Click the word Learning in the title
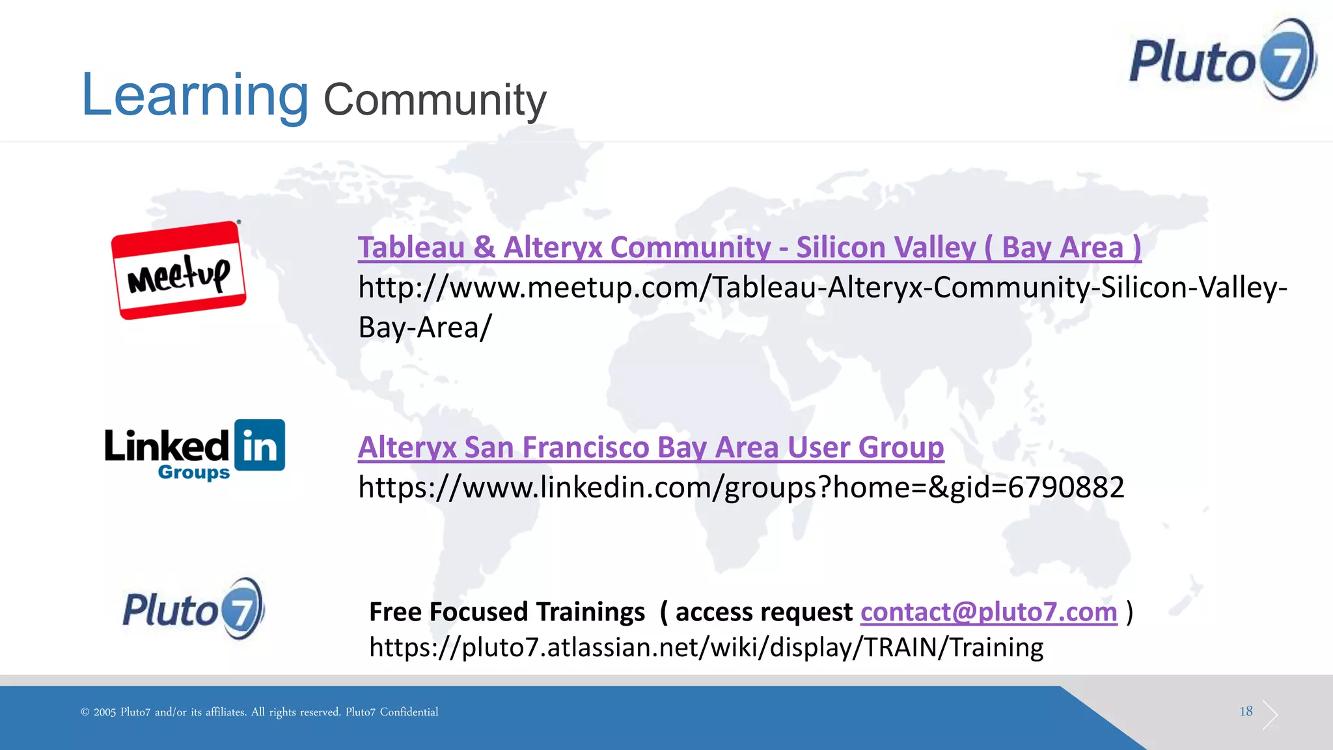tap(194, 96)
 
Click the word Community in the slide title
tap(435, 100)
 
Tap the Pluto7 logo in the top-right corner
tap(1222, 61)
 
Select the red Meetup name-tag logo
tap(178, 270)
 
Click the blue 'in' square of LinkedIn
tap(260, 445)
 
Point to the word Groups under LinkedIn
tap(193, 472)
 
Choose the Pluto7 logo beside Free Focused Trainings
tap(193, 609)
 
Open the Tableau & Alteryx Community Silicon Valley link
tap(749, 247)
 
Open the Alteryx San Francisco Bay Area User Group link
tap(651, 447)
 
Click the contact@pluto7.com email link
tap(988, 612)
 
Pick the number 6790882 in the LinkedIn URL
tap(1065, 487)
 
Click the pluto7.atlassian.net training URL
tap(706, 648)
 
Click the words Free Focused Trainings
tap(506, 612)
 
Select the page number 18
tap(1246, 711)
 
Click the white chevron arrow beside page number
tap(1270, 715)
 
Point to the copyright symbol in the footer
tap(85, 712)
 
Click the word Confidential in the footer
tap(409, 712)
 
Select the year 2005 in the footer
tap(104, 712)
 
